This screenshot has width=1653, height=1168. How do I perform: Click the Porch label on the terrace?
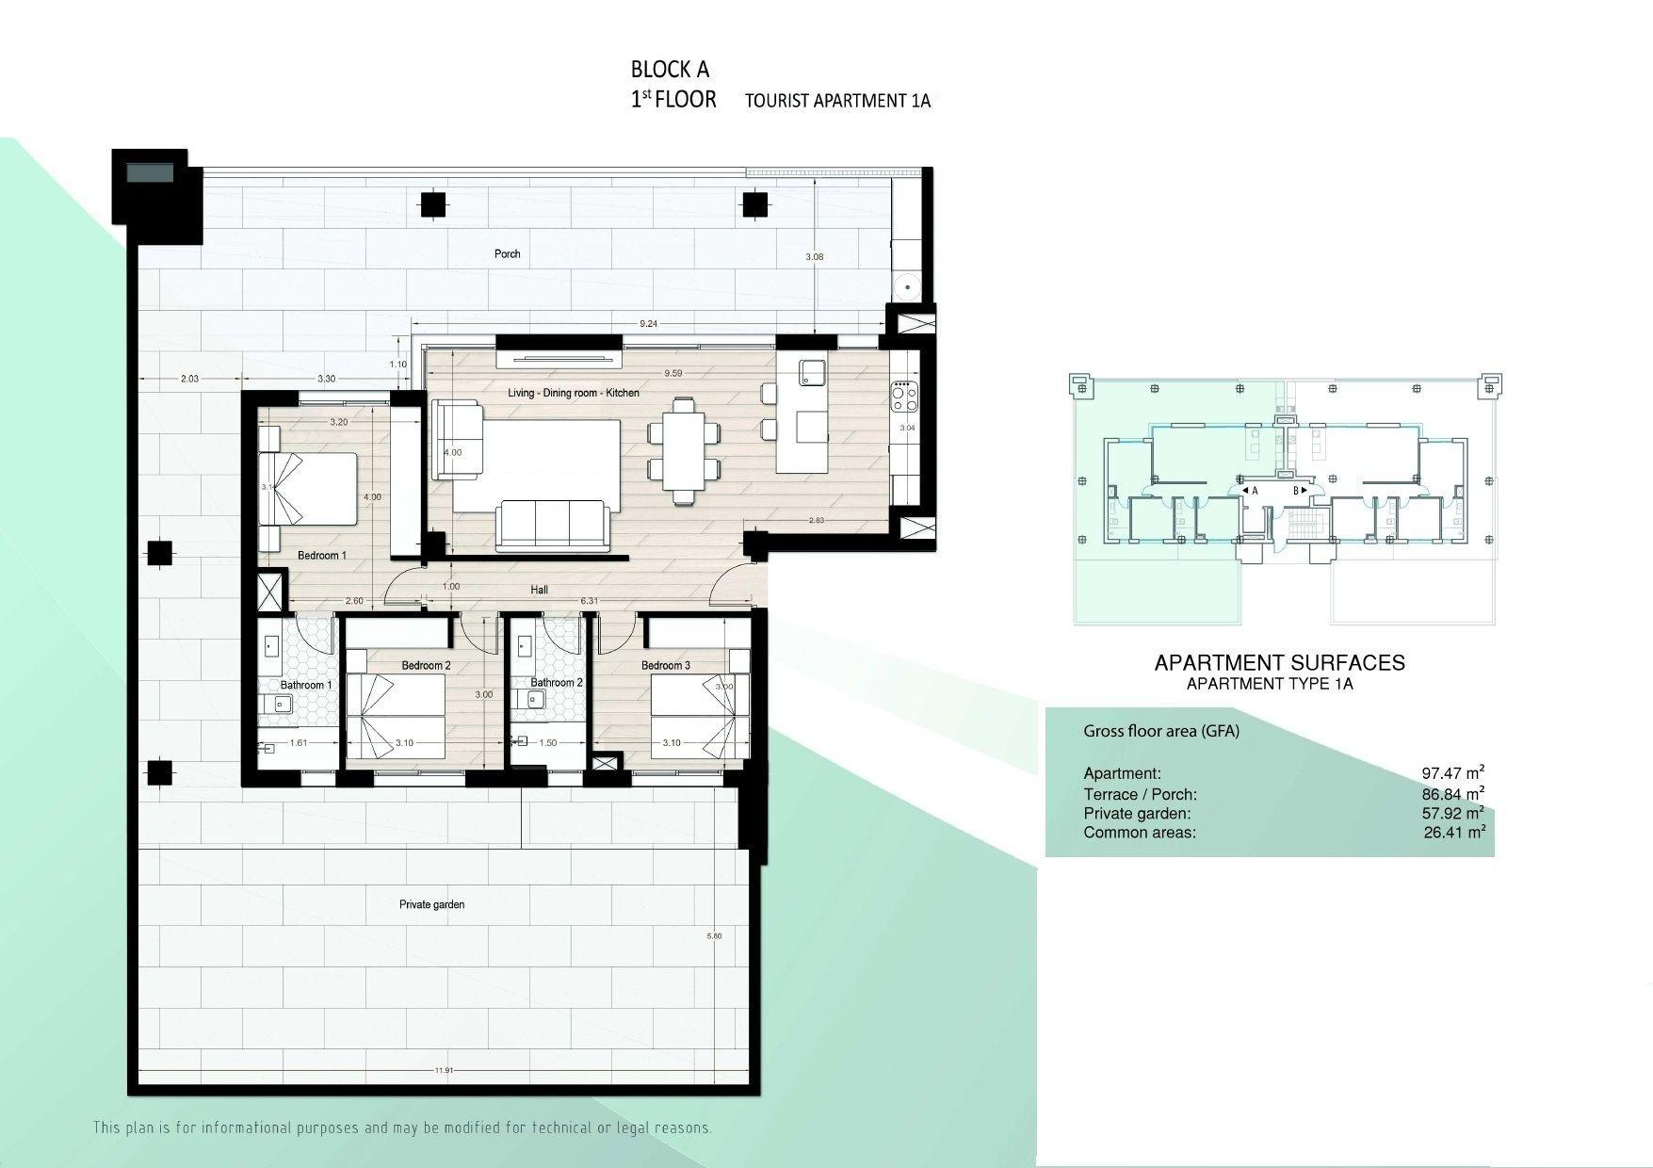pyautogui.click(x=507, y=253)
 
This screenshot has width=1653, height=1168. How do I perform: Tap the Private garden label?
pyautogui.click(x=431, y=904)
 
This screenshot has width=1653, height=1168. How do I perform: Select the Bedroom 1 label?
pyautogui.click(x=322, y=555)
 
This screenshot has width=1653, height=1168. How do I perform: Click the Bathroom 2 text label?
pyautogui.click(x=557, y=682)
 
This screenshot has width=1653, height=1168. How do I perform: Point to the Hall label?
pyautogui.click(x=539, y=590)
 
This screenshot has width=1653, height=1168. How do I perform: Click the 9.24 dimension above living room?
pyautogui.click(x=648, y=323)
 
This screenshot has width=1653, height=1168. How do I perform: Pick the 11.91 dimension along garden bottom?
pyautogui.click(x=445, y=1070)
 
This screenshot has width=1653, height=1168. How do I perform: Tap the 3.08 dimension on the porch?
pyautogui.click(x=815, y=256)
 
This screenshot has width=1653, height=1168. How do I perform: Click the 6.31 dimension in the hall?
pyautogui.click(x=590, y=601)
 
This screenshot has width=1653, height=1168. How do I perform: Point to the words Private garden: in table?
pyautogui.click(x=1137, y=813)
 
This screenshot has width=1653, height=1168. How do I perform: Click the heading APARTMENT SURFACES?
pyautogui.click(x=1279, y=662)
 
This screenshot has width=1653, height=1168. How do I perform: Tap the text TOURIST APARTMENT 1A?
pyautogui.click(x=837, y=101)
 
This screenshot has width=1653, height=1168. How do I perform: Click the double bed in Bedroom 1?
pyautogui.click(x=309, y=488)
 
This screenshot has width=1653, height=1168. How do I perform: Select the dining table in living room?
pyautogui.click(x=684, y=451)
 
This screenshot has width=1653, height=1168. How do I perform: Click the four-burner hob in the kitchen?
pyautogui.click(x=904, y=397)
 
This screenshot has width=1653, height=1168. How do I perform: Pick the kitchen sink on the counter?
pyautogui.click(x=812, y=373)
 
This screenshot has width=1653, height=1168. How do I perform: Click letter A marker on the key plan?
pyautogui.click(x=1255, y=491)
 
